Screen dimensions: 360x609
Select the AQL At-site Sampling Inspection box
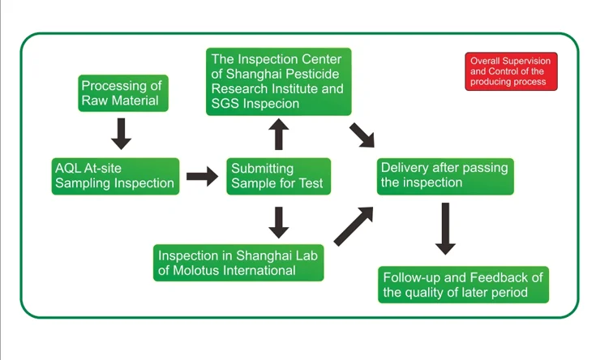[x=114, y=175]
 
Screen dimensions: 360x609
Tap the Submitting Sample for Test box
[x=278, y=175]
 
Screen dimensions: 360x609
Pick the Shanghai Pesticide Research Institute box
[x=278, y=81]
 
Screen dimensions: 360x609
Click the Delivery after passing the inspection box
[x=445, y=175]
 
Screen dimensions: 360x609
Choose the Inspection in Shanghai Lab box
[x=238, y=262]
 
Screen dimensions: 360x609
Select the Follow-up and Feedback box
[x=463, y=284]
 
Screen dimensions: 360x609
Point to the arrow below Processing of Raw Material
[x=121, y=133]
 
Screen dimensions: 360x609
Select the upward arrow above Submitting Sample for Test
[x=278, y=134]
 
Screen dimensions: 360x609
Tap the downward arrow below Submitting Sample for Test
[x=278, y=221]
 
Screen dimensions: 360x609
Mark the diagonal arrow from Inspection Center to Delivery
[x=362, y=135]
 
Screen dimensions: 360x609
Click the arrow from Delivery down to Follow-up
[x=444, y=228]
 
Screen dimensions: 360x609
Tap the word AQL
[x=69, y=167]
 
